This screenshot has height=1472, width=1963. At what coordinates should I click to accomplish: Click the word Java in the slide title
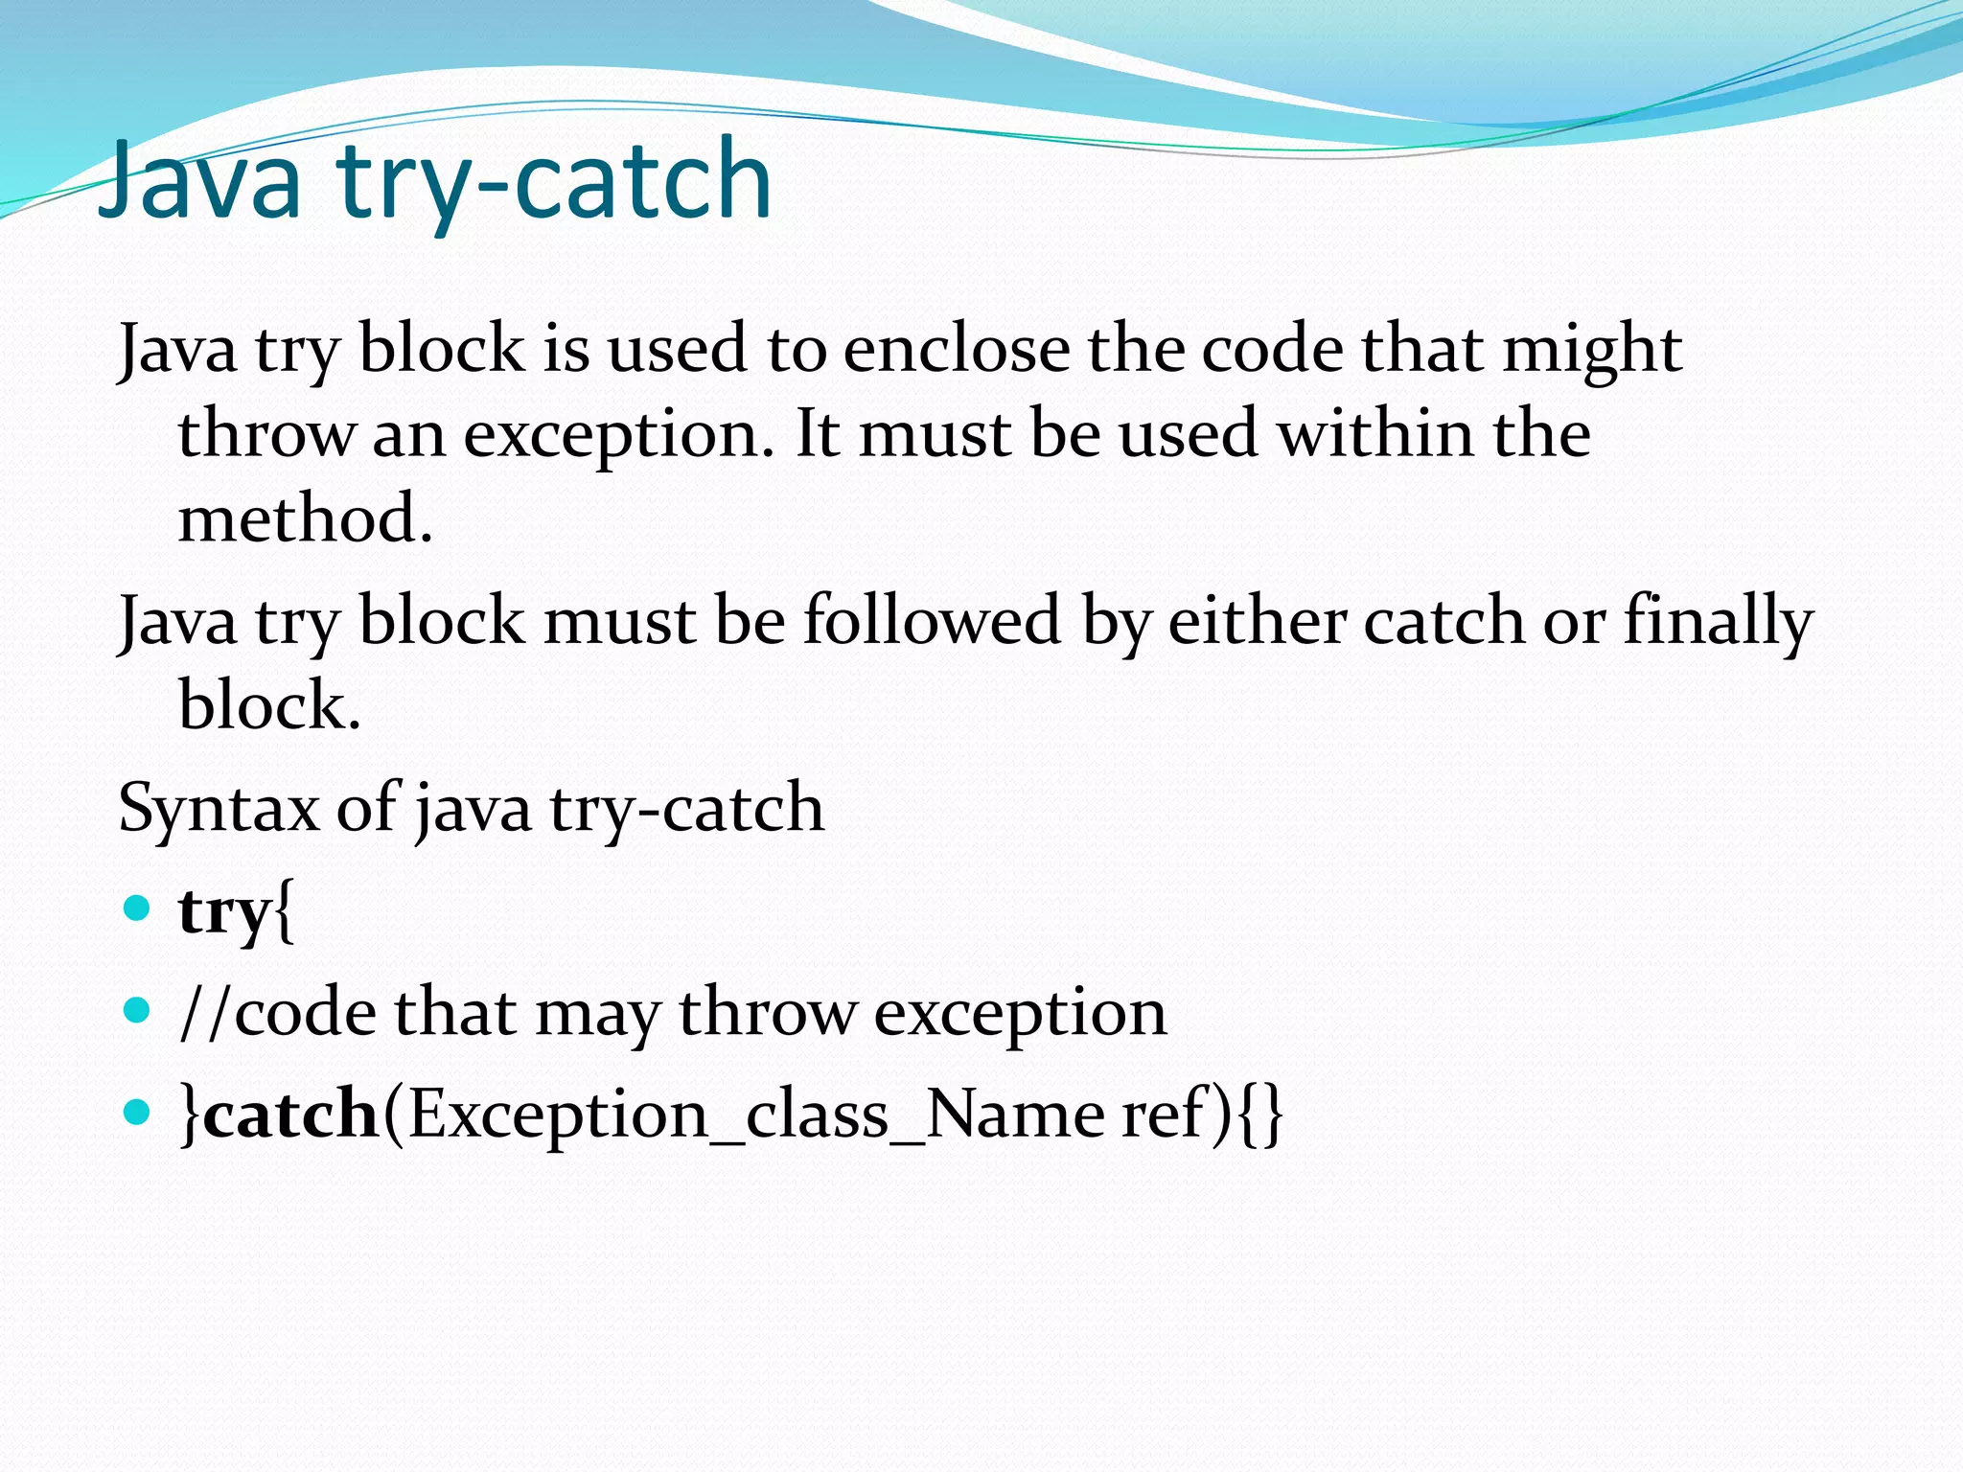click(199, 180)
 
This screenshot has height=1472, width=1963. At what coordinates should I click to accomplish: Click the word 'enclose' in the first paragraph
click(956, 349)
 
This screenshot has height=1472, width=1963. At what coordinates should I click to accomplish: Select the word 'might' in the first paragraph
click(1591, 351)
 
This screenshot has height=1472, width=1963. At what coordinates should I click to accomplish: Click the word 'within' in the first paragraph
click(1375, 433)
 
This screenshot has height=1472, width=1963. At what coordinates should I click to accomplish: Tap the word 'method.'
click(305, 518)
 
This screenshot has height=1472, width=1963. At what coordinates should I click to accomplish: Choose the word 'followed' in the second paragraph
click(931, 620)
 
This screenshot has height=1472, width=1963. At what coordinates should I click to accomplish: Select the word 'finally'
click(1718, 622)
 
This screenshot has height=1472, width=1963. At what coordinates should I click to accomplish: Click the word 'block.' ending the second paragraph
click(269, 705)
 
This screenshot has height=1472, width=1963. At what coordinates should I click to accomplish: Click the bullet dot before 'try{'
click(138, 907)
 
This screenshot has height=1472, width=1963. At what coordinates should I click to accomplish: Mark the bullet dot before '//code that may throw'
click(138, 1009)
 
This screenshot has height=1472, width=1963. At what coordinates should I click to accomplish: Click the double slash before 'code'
click(205, 1013)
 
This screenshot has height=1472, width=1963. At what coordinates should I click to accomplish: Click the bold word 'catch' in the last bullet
click(291, 1115)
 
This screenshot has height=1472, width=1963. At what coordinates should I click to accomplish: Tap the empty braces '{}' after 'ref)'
click(1260, 1115)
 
